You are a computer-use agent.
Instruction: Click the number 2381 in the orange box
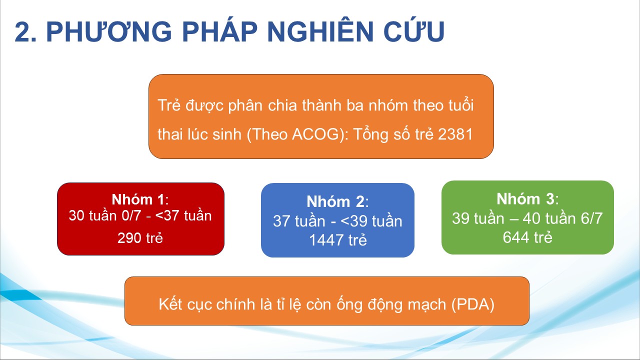[455, 134]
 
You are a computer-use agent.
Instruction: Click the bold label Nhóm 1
[138, 199]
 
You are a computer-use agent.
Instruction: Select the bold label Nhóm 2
[335, 201]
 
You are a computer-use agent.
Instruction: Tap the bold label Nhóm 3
[525, 199]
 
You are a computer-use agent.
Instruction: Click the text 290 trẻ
[140, 237]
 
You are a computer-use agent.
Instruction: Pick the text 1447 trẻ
[338, 240]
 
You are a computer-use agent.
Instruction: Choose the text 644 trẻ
[527, 237]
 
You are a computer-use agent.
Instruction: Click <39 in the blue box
[351, 221]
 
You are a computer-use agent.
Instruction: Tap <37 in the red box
[167, 215]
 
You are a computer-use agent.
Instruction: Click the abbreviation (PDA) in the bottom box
[473, 304]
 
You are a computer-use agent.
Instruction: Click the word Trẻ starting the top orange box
[169, 105]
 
